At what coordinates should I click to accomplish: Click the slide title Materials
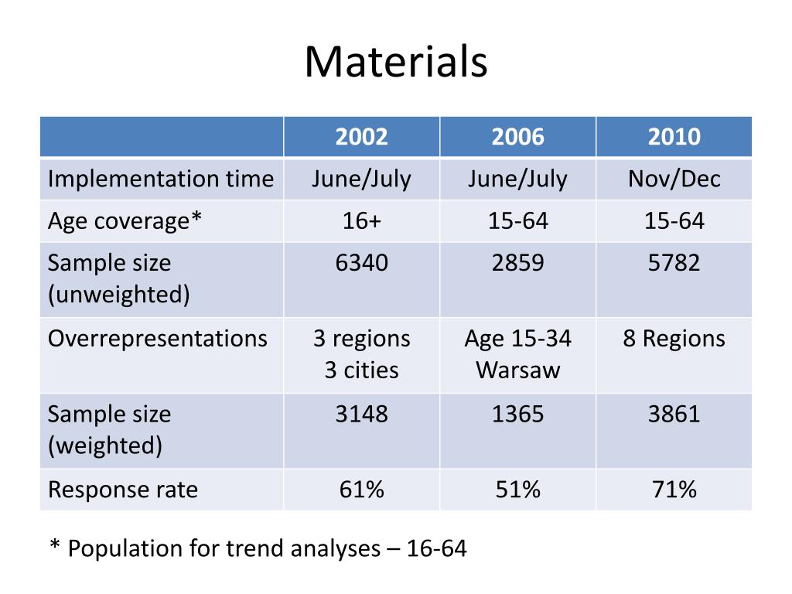tap(395, 62)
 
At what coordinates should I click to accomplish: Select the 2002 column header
tap(361, 138)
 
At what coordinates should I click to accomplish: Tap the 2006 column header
tap(517, 138)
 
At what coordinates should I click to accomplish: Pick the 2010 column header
tap(674, 138)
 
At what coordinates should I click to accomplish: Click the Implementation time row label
tap(161, 179)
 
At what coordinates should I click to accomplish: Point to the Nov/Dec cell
tap(674, 179)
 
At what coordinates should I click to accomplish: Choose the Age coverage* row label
tap(125, 221)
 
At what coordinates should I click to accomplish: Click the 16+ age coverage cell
tap(361, 221)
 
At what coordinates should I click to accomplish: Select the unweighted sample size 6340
tap(361, 263)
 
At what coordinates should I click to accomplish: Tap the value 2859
tap(517, 263)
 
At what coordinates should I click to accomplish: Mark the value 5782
tap(674, 263)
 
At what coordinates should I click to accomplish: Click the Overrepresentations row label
tap(158, 339)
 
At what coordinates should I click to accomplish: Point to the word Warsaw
tap(517, 370)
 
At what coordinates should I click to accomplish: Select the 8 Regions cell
tap(674, 339)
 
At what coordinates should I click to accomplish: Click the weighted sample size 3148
tap(361, 414)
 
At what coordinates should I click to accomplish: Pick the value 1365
tap(517, 414)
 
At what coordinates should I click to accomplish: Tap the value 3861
tap(674, 414)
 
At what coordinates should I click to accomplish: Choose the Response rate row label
tap(123, 490)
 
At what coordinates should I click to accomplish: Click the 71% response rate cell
tap(674, 490)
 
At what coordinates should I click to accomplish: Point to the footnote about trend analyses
tap(258, 548)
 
